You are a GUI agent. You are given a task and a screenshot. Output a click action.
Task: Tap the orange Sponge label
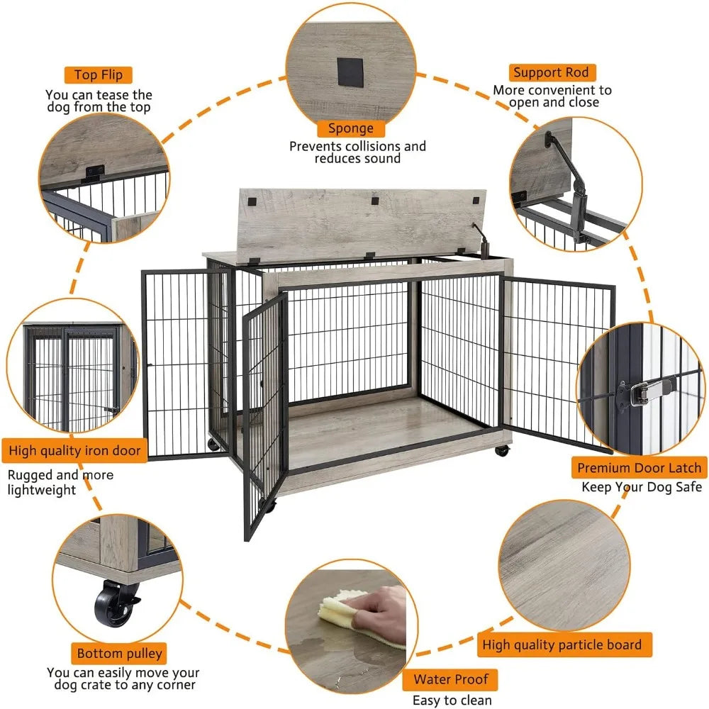350,128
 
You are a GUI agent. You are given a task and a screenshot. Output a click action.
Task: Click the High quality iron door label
75,450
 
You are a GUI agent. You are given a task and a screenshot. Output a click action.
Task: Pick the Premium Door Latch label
639,468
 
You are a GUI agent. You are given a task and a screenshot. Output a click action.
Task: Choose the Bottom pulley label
120,653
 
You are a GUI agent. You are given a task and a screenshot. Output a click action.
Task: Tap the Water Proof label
452,680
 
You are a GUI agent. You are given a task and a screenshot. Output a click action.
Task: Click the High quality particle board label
562,644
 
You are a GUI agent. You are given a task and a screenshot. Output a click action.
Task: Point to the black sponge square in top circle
350,70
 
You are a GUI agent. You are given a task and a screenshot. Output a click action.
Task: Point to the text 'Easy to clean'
452,700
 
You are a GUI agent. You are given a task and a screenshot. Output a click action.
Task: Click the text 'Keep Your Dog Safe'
642,487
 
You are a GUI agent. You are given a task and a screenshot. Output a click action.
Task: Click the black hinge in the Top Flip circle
93,173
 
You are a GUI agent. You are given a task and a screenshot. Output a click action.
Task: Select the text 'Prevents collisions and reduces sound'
357,152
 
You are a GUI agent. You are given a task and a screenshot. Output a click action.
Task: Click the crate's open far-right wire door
557,362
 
